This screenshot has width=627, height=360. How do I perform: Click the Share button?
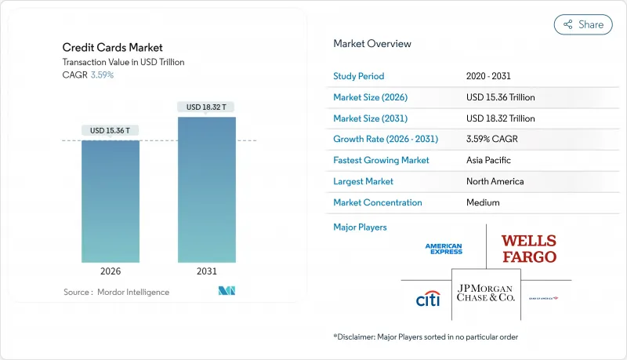[583, 24]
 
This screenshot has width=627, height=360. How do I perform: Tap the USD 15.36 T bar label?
[111, 130]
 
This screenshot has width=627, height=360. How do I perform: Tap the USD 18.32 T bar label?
[206, 107]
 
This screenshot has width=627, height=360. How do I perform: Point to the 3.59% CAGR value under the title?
[103, 75]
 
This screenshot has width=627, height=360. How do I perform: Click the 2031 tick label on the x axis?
[206, 271]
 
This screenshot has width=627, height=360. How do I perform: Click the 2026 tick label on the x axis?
[111, 271]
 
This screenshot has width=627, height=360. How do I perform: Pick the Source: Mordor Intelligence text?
[116, 292]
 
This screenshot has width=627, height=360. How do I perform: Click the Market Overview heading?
[371, 43]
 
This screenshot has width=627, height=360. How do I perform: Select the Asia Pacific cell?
[489, 160]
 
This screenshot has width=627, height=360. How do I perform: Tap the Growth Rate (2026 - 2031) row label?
[386, 139]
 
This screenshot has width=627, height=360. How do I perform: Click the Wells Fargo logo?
[529, 249]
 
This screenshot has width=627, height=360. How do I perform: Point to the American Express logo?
[444, 249]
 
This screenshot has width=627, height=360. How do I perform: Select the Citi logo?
[427, 298]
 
